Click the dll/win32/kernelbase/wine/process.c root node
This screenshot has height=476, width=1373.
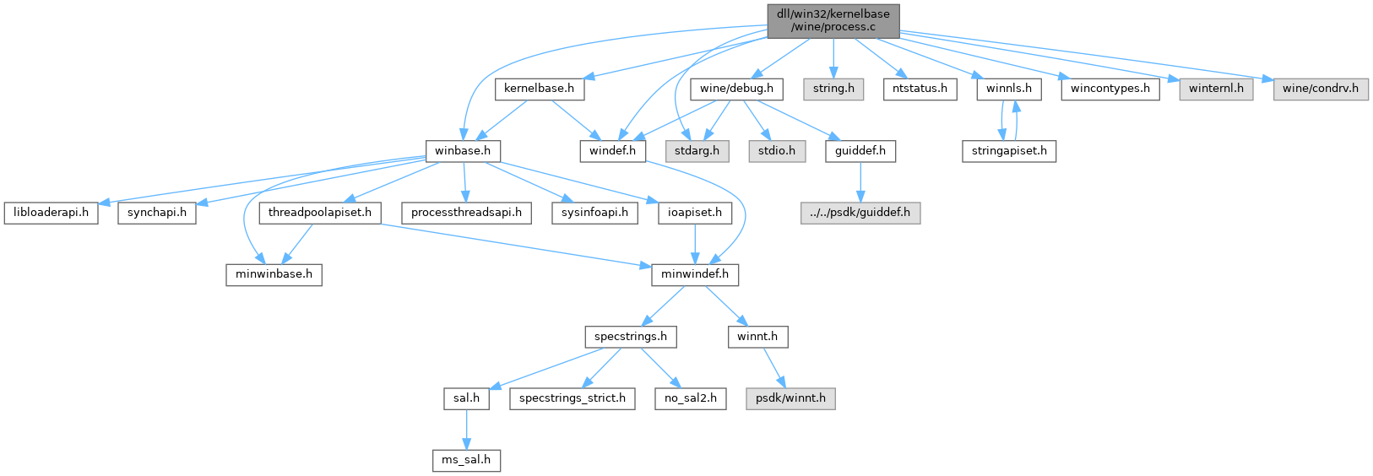coord(833,20)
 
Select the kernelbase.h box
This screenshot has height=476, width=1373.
coord(539,89)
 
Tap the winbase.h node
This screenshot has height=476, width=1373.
coord(463,151)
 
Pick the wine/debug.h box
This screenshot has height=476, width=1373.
coord(736,89)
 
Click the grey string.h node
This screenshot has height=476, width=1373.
coord(833,89)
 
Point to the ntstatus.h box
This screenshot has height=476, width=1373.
coord(920,89)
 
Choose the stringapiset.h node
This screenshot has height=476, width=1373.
coord(1009,151)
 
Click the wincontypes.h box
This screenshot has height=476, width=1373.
coord(1110,89)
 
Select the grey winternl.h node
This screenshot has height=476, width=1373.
coord(1216,89)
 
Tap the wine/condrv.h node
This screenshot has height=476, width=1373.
coord(1321,89)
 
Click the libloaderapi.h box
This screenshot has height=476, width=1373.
coord(51,213)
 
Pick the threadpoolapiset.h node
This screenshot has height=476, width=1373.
coord(320,213)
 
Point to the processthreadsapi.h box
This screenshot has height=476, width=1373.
coord(466,213)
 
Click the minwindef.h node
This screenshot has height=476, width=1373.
coord(695,274)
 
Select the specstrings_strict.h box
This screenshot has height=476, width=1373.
coord(573,398)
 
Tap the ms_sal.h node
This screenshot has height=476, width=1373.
coord(466,460)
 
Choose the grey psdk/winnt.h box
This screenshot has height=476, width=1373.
coord(790,398)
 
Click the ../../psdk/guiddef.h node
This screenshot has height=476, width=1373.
coord(860,213)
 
